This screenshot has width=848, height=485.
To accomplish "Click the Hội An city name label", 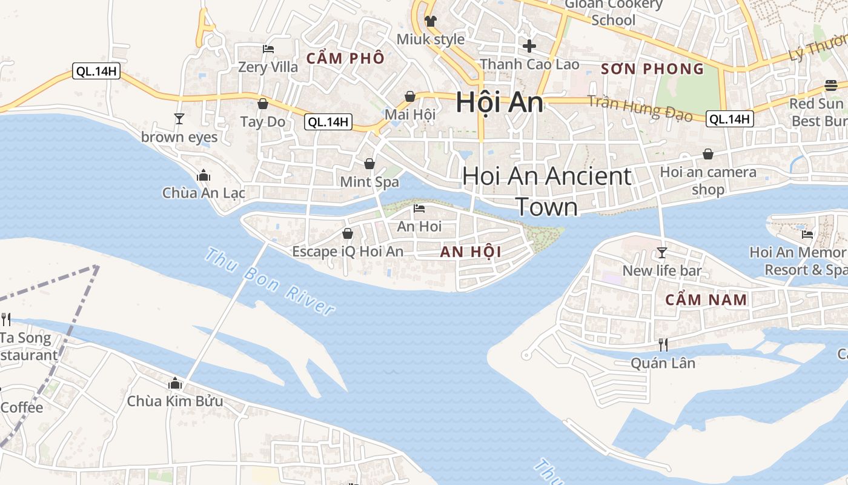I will pyautogui.click(x=500, y=102).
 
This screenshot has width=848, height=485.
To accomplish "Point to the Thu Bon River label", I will pyautogui.click(x=270, y=282).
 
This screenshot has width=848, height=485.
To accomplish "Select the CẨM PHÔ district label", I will pyautogui.click(x=345, y=58).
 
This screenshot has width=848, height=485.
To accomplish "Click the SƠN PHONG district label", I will pyautogui.click(x=652, y=69).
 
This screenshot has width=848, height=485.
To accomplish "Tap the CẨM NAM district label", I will pyautogui.click(x=706, y=299).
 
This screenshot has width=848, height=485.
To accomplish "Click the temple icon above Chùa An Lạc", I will pyautogui.click(x=204, y=175).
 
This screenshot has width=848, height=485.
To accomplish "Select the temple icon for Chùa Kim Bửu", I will pyautogui.click(x=175, y=383).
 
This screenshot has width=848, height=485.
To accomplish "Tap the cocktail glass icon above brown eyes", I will pyautogui.click(x=179, y=118).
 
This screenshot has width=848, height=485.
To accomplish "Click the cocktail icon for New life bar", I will pyautogui.click(x=662, y=252).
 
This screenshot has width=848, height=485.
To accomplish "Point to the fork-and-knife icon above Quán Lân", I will pyautogui.click(x=663, y=344).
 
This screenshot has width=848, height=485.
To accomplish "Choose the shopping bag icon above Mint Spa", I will pyautogui.click(x=369, y=164).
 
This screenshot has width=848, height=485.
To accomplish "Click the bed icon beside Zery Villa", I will pyautogui.click(x=268, y=48).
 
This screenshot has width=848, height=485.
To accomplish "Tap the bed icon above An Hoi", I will pyautogui.click(x=419, y=209).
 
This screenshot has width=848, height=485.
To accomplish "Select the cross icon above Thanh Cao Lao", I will pyautogui.click(x=529, y=45).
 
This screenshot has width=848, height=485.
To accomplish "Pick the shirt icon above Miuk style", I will pyautogui.click(x=431, y=21).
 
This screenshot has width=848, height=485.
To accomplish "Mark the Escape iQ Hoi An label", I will pyautogui.click(x=347, y=251).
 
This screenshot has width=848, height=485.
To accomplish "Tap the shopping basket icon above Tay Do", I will pyautogui.click(x=263, y=104).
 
